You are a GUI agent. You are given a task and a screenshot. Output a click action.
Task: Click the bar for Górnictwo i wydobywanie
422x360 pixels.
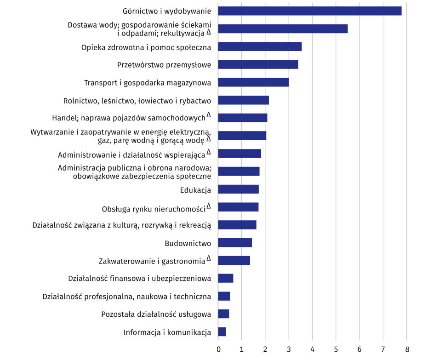(x=309, y=11)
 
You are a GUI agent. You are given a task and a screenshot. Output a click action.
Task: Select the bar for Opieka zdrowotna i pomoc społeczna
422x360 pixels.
(x=260, y=46)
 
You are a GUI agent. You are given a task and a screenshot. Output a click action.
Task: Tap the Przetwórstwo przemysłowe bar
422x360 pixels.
(x=258, y=64)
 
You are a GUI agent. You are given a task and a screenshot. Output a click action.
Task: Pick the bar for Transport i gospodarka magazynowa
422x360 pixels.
(x=253, y=82)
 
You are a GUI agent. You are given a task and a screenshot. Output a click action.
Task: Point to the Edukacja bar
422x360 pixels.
(x=238, y=189)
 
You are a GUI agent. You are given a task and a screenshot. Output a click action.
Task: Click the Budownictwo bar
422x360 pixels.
(x=235, y=243)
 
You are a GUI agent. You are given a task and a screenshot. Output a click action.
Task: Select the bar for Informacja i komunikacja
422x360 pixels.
(x=222, y=332)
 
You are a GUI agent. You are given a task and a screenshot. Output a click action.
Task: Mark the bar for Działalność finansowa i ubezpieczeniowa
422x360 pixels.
(x=226, y=278)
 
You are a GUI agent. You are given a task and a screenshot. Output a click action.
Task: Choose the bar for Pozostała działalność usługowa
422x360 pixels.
(x=223, y=314)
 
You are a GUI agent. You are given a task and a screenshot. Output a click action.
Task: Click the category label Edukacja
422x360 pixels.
(x=195, y=189)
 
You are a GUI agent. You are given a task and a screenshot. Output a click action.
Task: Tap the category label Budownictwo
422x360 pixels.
(x=188, y=243)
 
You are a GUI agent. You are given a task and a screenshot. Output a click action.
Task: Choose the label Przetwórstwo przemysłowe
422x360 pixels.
(x=164, y=65)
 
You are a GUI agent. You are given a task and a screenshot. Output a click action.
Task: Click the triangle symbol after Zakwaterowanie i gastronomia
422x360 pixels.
(x=209, y=258)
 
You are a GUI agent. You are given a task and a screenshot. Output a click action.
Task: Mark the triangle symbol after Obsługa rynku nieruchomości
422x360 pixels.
(x=209, y=206)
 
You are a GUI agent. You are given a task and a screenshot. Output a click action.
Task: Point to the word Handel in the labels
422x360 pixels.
(x=64, y=118)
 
